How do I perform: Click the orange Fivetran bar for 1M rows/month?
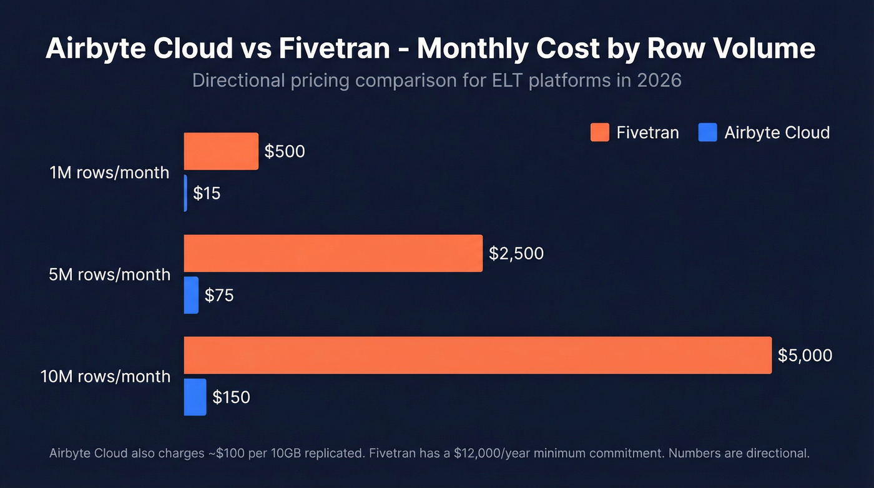tap(221, 151)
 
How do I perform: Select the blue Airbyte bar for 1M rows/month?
tap(185, 193)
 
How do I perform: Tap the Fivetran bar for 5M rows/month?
tap(333, 253)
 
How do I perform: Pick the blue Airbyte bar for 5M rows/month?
tap(191, 295)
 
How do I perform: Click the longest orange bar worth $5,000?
tap(478, 355)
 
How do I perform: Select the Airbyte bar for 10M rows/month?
tap(195, 397)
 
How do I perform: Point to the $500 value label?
tap(285, 151)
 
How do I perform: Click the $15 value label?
tap(207, 193)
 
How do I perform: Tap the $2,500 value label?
tap(516, 253)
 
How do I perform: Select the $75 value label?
tap(220, 295)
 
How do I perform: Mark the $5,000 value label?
tap(805, 355)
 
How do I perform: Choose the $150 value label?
tap(231, 397)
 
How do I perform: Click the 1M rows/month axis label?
tap(109, 172)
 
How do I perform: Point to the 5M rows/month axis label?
tap(109, 274)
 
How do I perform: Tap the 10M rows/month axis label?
tap(106, 376)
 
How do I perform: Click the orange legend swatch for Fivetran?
tap(599, 132)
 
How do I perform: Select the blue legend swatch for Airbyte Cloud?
tap(707, 132)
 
